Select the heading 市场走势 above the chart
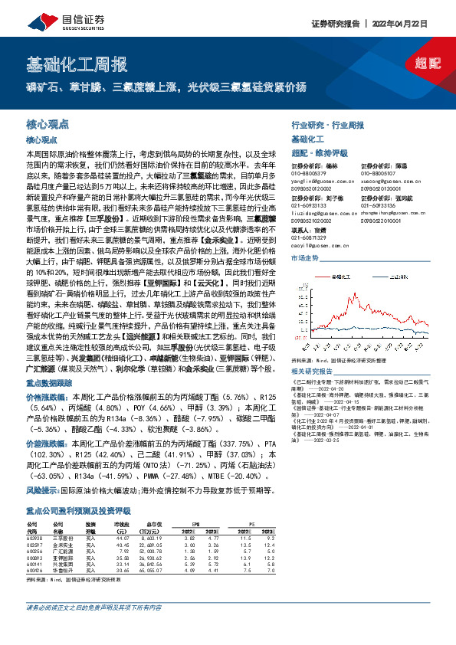[x=304, y=258]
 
